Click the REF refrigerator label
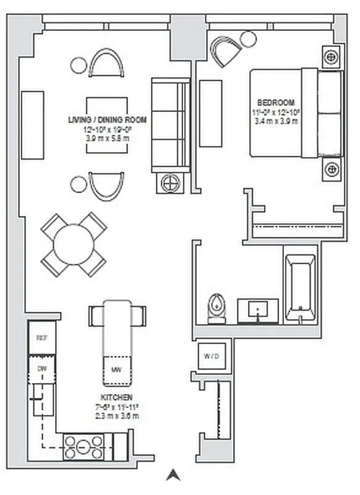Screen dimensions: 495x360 [42, 338]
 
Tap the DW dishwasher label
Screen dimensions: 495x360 [41, 369]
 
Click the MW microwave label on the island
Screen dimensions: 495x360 [116, 370]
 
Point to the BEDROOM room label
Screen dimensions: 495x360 [276, 102]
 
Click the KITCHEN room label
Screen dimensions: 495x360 [116, 397]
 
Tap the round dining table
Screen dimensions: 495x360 [74, 244]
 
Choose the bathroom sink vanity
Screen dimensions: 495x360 [258, 309]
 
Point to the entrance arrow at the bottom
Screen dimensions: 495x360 [174, 475]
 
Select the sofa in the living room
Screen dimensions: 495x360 [170, 126]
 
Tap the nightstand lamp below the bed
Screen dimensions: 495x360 [332, 168]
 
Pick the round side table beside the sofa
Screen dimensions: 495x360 [171, 183]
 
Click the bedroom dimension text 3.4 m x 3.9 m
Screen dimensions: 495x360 [276, 121]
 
